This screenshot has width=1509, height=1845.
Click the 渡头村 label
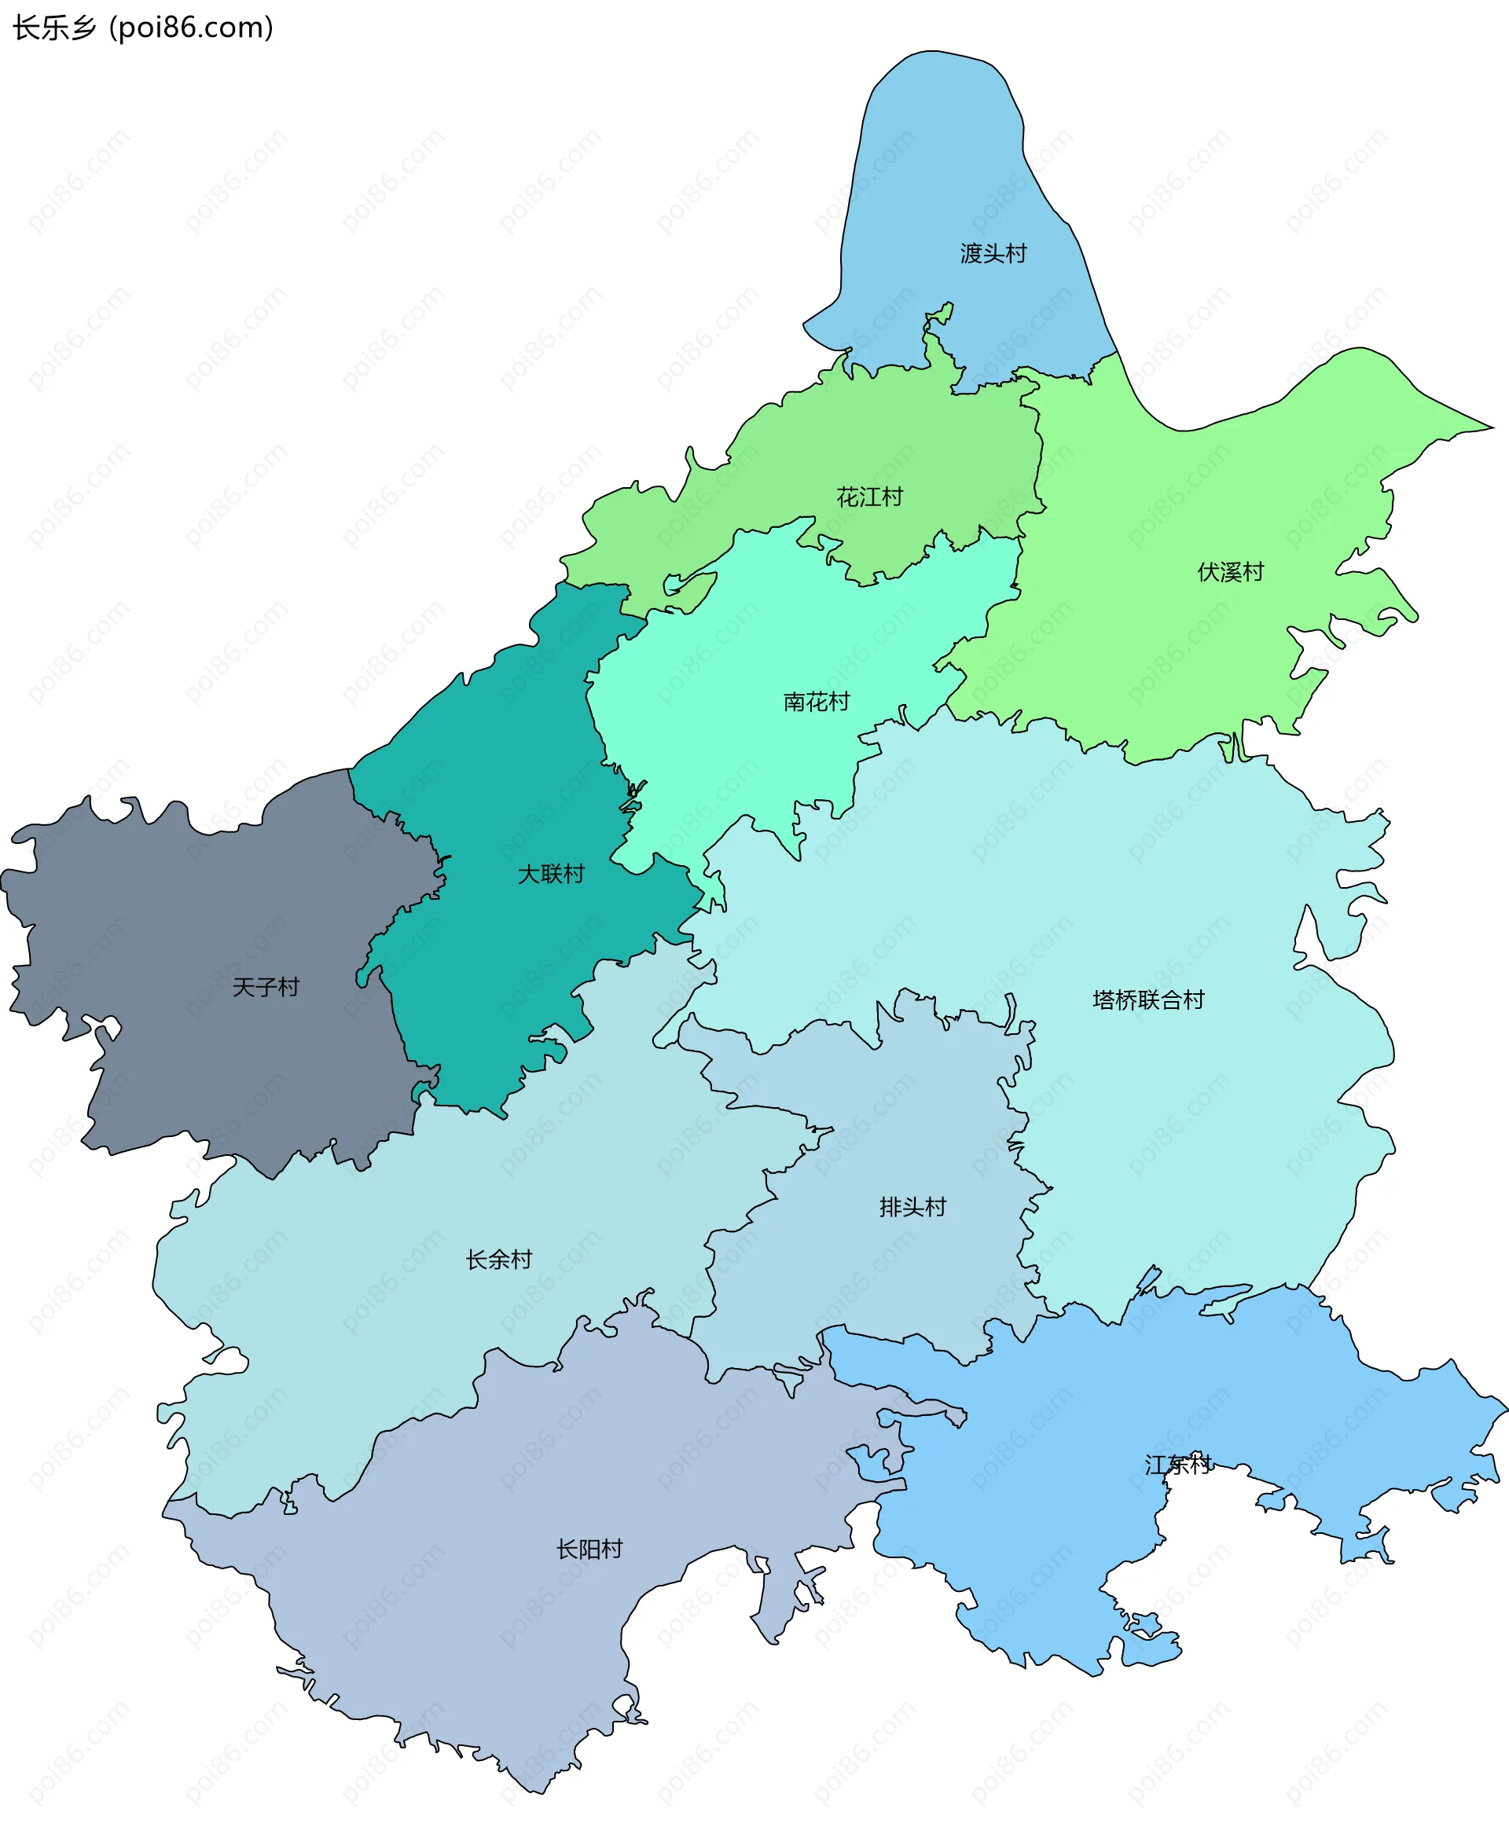pos(993,254)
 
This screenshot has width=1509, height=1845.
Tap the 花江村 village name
pos(869,497)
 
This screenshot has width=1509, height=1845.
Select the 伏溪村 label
pos(1230,572)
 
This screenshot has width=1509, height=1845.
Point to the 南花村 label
pos(817,702)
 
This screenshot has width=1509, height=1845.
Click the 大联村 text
pos(551,874)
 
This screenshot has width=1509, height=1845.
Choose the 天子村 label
pos(265,987)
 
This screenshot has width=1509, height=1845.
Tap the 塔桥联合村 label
pos(1148,1000)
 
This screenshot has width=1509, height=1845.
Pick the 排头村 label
pos(912,1207)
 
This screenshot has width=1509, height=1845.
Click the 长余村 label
pos(498,1260)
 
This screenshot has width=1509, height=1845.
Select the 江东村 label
pos(1178,1465)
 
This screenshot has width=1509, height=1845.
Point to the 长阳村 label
pos(589,1549)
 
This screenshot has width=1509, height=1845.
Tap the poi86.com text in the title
pos(191,28)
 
